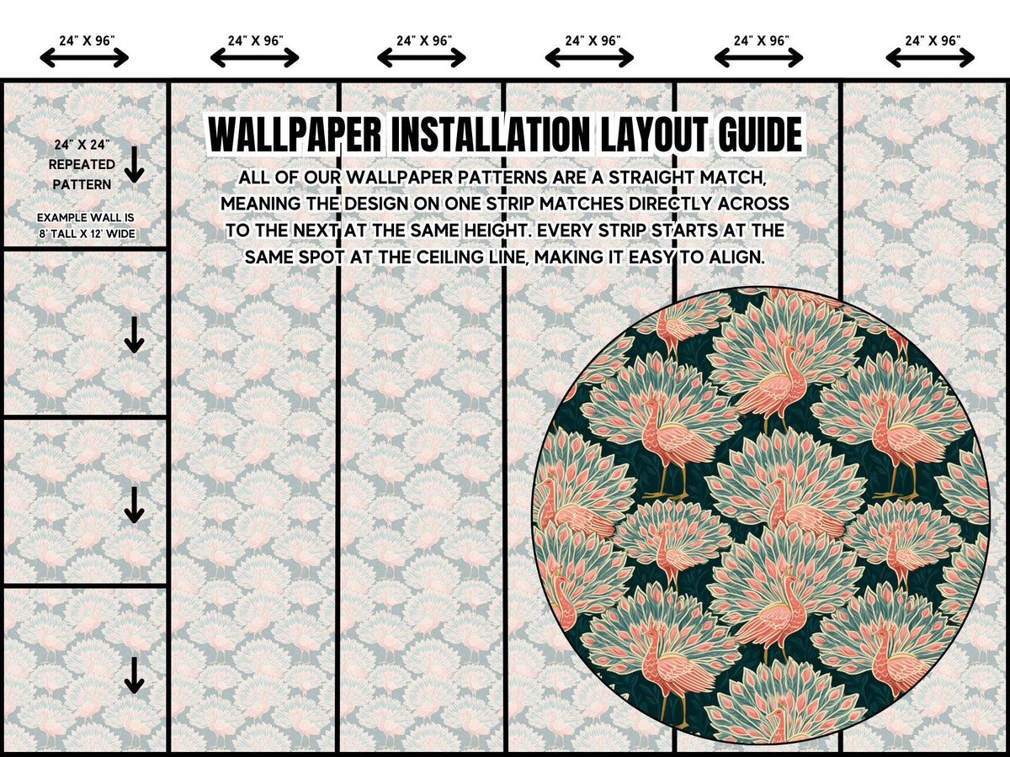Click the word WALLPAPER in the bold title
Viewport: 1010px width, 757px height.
click(295, 135)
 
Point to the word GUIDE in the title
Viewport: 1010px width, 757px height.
click(760, 135)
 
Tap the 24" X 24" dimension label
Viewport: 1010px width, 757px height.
click(82, 145)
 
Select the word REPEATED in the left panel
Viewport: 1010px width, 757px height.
click(82, 165)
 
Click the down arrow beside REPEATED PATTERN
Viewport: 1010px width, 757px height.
click(135, 165)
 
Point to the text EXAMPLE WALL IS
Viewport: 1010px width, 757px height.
click(86, 217)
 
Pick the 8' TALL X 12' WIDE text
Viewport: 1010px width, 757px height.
click(87, 234)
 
